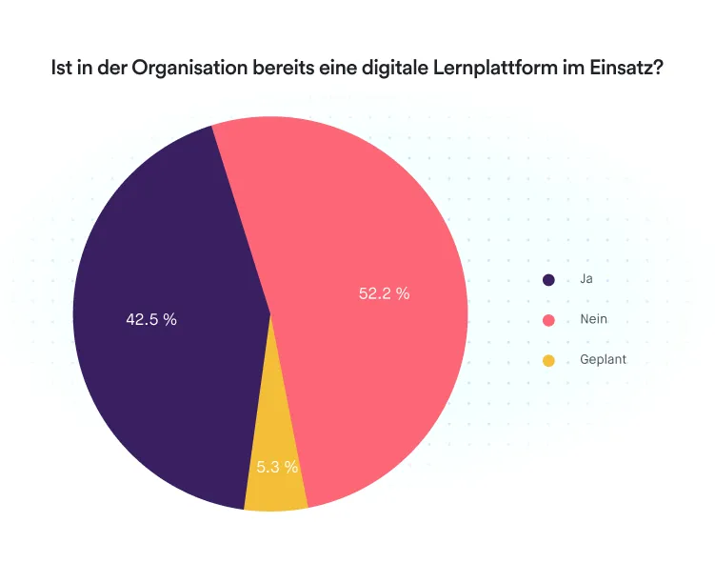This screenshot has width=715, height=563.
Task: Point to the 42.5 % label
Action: pyautogui.click(x=151, y=320)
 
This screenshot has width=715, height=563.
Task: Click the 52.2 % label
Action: pyautogui.click(x=384, y=294)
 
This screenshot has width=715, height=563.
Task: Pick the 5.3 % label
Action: pyautogui.click(x=277, y=468)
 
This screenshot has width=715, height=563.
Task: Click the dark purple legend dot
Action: pyautogui.click(x=548, y=280)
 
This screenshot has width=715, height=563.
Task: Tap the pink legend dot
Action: pyautogui.click(x=548, y=320)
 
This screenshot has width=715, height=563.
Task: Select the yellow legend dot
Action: pyautogui.click(x=548, y=361)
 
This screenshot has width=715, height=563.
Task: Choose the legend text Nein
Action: pyautogui.click(x=593, y=319)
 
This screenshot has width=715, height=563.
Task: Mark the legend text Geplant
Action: pyautogui.click(x=603, y=360)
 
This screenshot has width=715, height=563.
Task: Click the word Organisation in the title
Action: pyautogui.click(x=182, y=70)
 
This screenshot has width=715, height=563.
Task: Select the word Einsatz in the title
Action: pyautogui.click(x=619, y=70)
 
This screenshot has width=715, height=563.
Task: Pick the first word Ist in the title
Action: pyautogui.click(x=61, y=70)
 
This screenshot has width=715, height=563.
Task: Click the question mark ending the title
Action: pyautogui.click(x=657, y=70)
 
